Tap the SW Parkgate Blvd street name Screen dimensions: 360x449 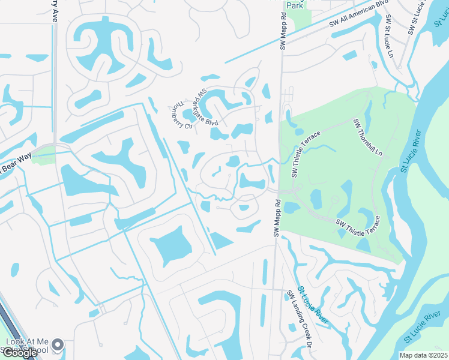[x=205, y=107]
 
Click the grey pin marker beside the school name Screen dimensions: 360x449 [x=58, y=344]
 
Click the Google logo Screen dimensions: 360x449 [x=19, y=353]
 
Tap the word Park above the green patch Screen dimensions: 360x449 [x=294, y=5]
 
